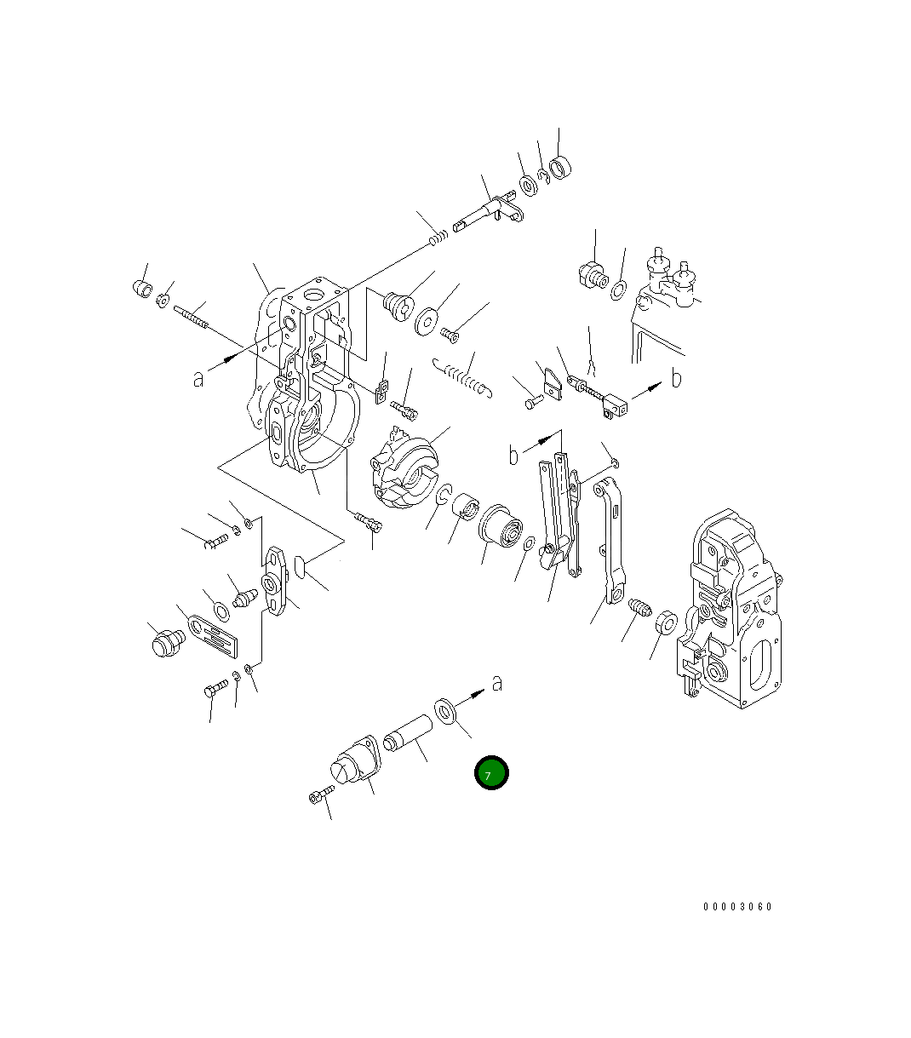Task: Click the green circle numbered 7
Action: coord(491,772)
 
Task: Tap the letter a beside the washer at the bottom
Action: coord(496,683)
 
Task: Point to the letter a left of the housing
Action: coord(198,379)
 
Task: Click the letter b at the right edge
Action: coord(676,378)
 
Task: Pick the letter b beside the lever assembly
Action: coord(513,455)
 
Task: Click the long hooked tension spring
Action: coord(462,377)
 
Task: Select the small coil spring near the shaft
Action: coord(438,238)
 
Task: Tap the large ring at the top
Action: coord(560,167)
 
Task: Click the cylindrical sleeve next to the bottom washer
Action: coord(407,733)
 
